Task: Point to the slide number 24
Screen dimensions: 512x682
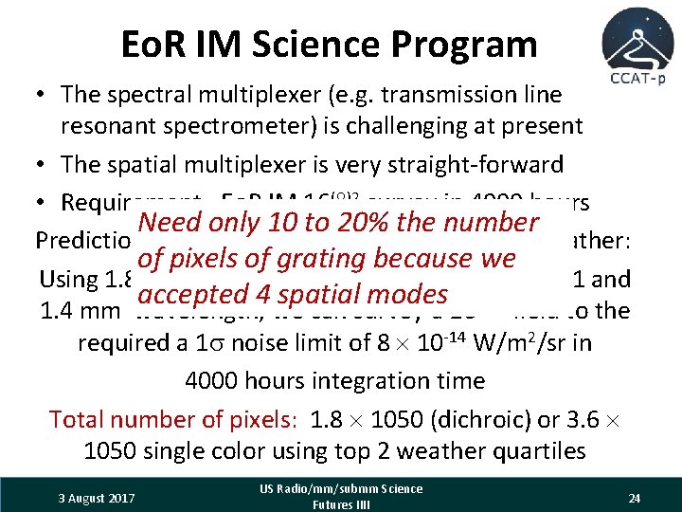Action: tap(636, 498)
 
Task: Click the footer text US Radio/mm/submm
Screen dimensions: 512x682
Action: tap(342, 489)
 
